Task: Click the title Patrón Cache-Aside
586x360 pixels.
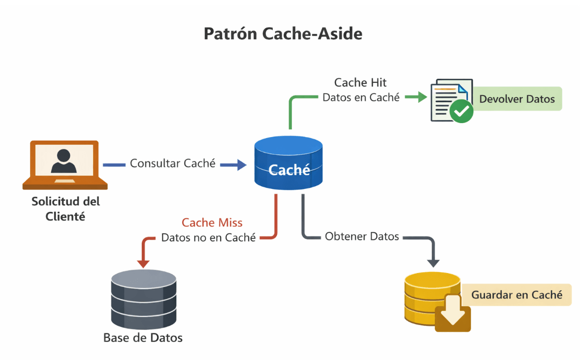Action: [x=283, y=34]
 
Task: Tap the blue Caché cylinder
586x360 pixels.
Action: [x=289, y=163]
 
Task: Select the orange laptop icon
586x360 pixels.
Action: [x=65, y=164]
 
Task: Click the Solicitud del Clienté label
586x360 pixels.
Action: [x=65, y=208]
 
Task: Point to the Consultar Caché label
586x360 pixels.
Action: [x=172, y=163]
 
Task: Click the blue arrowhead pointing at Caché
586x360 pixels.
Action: [x=242, y=165]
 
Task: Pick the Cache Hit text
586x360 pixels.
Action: [x=360, y=83]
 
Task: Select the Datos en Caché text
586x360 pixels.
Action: [x=361, y=97]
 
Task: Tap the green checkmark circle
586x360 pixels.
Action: [x=461, y=110]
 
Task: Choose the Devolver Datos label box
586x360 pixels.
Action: [x=517, y=99]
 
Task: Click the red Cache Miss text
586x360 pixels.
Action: [x=212, y=222]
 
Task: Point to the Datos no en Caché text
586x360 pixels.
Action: [x=208, y=238]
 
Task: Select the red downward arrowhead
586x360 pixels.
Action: [x=143, y=263]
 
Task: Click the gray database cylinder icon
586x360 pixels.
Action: [x=143, y=299]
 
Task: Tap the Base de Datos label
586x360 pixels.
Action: [x=143, y=338]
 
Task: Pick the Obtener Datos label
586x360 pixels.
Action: [x=362, y=236]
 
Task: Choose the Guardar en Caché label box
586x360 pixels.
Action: [x=516, y=295]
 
